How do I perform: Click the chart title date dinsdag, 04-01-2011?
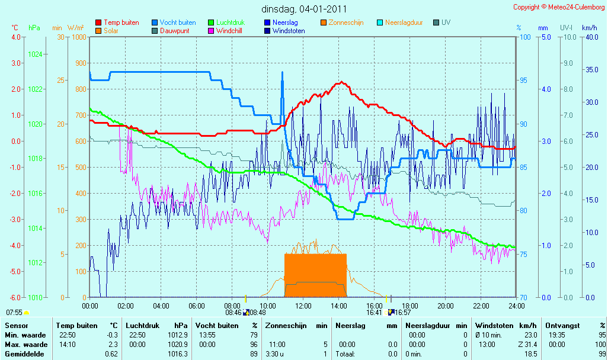pos(304,9)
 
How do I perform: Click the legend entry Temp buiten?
pos(117,22)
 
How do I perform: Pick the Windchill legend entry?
pos(225,31)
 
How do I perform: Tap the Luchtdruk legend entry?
pos(226,22)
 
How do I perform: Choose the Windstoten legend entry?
pos(284,31)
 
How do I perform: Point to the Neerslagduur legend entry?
pos(400,22)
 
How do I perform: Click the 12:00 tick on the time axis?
pos(303,306)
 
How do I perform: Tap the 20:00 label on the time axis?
pos(446,306)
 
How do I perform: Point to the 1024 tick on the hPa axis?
pos(36,54)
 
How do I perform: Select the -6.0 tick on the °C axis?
pos(16,298)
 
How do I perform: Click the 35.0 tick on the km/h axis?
pos(592,70)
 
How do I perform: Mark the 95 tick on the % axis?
pos(523,81)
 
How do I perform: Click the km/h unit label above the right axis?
pos(590,28)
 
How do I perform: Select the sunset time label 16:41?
pos(374,313)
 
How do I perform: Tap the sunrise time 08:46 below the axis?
pos(233,313)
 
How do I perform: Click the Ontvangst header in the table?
pos(562,326)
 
